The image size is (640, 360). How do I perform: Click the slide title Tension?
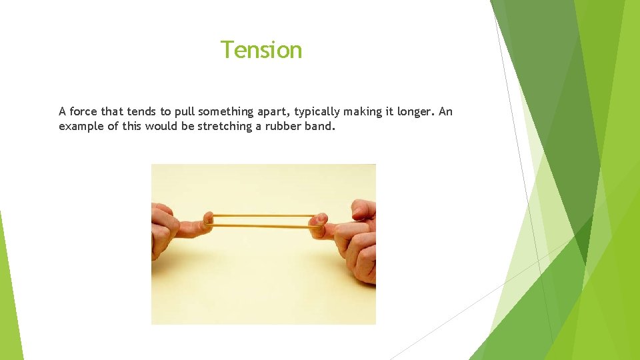261,50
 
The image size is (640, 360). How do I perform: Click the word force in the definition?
83,111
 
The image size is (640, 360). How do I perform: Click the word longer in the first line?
415,111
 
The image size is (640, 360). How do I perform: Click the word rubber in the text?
281,126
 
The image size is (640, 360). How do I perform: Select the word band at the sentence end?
317,126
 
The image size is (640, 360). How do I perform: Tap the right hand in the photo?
357,237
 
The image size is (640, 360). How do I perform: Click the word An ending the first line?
445,111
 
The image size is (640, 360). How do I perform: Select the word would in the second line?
160,126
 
